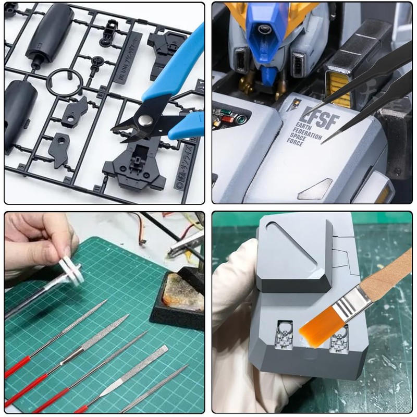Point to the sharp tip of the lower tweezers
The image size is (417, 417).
coord(323,141)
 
